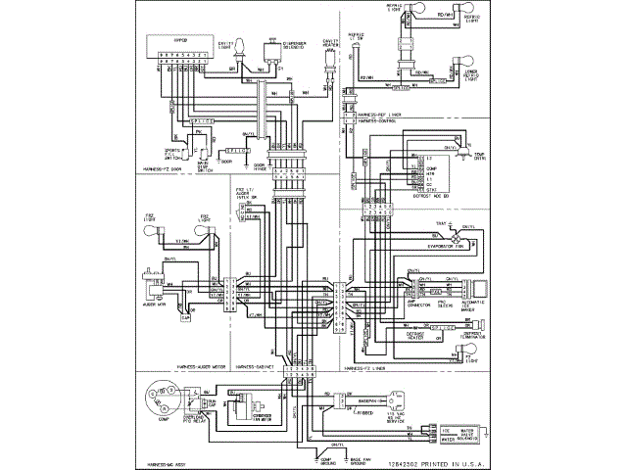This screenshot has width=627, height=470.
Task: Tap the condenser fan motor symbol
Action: click(x=260, y=410)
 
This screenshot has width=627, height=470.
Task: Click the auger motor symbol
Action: click(x=154, y=293)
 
